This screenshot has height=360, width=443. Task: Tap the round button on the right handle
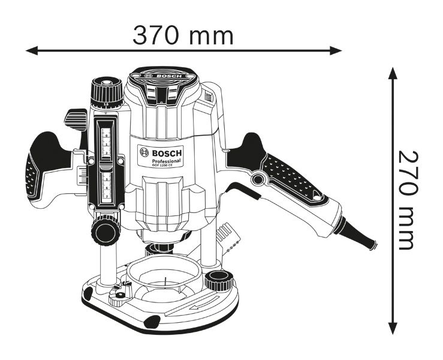pyautogui.click(x=260, y=179)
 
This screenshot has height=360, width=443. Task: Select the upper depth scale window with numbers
pyautogui.click(x=106, y=142)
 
